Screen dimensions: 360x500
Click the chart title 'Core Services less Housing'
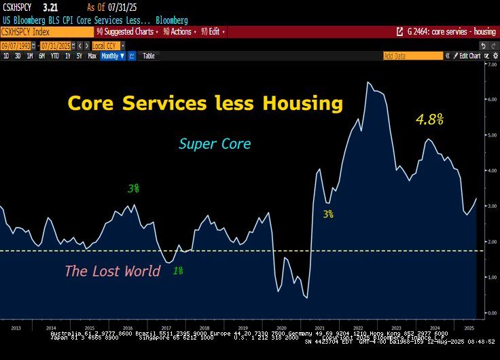[x=204, y=103]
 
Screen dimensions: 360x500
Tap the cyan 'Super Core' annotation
[x=215, y=144]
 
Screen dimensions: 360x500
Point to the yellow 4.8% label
[x=429, y=120]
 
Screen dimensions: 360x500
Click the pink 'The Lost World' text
[x=112, y=271]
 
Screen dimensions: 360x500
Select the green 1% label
[x=177, y=270]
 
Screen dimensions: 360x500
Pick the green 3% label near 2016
[x=133, y=188]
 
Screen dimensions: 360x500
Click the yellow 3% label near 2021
[x=328, y=214]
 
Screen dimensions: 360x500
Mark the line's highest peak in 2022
[x=368, y=82]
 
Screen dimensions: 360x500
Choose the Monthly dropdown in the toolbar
[x=112, y=56]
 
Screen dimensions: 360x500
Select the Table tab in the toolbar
[x=148, y=56]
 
